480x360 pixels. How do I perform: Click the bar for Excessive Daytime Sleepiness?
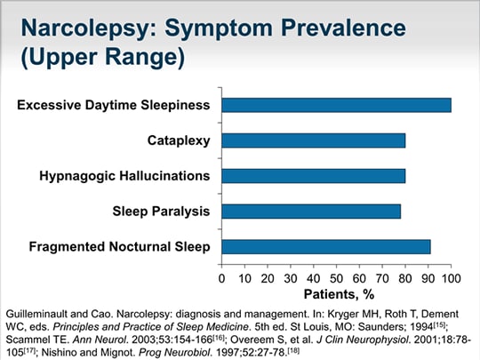[x=336, y=105]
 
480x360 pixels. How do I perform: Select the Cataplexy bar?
[x=313, y=140]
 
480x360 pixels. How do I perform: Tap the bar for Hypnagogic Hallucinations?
[x=313, y=176]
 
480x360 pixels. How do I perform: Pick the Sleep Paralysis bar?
[x=311, y=212]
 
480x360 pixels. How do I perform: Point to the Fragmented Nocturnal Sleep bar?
[x=326, y=247]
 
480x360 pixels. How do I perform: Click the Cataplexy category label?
[x=179, y=140]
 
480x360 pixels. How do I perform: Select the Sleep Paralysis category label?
[x=161, y=212]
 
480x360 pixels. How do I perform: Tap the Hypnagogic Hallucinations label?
[x=124, y=176]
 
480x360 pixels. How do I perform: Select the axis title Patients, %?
[x=337, y=294]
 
